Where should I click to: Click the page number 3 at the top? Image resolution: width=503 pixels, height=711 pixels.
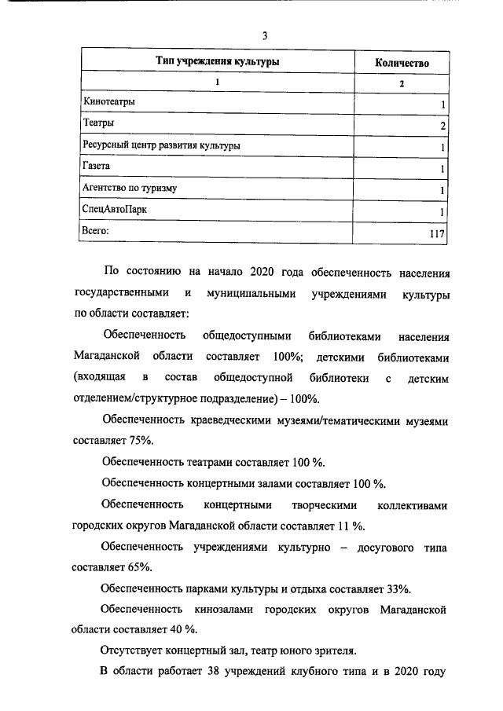[x=265, y=35]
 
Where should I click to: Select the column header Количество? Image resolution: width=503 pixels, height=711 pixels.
[x=402, y=62]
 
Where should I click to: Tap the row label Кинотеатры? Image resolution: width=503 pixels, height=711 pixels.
[x=109, y=102]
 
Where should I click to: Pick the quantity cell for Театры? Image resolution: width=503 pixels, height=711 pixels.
[x=443, y=126]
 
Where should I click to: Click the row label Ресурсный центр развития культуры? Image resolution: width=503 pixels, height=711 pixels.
[x=161, y=145]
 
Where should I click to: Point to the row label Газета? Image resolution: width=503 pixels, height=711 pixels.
[x=97, y=167]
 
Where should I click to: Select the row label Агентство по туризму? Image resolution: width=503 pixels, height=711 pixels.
[x=130, y=189]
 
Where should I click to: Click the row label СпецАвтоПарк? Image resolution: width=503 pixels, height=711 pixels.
[x=114, y=210]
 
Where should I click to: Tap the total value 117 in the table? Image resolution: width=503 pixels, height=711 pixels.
[x=438, y=234]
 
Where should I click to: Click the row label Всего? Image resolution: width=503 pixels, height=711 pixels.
[x=96, y=231]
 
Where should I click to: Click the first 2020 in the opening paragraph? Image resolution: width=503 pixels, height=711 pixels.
[x=261, y=272]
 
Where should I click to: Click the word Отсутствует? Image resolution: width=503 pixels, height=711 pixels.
[x=138, y=651]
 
